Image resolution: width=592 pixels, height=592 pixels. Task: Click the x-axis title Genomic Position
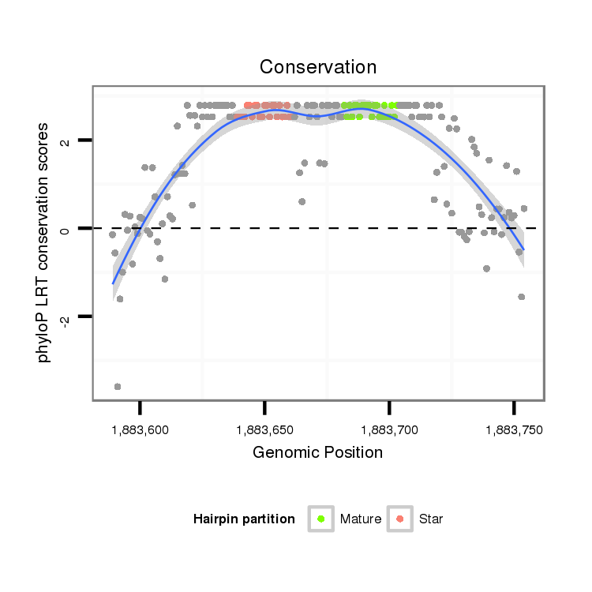(318, 453)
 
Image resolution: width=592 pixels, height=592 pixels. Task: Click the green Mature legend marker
(321, 519)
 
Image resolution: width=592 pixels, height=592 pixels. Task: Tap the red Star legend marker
(400, 519)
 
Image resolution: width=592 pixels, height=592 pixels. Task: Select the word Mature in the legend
(361, 519)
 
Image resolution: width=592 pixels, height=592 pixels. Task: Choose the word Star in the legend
(431, 519)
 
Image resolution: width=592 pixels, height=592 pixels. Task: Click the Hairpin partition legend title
(244, 519)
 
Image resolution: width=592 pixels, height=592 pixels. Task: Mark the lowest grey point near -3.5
(118, 387)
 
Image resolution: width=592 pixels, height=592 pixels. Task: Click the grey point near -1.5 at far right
(522, 297)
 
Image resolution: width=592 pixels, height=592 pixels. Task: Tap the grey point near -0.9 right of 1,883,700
(486, 268)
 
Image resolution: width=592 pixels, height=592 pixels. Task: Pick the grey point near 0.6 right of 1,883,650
(302, 202)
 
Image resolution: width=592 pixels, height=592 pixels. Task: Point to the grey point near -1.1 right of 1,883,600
(165, 279)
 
